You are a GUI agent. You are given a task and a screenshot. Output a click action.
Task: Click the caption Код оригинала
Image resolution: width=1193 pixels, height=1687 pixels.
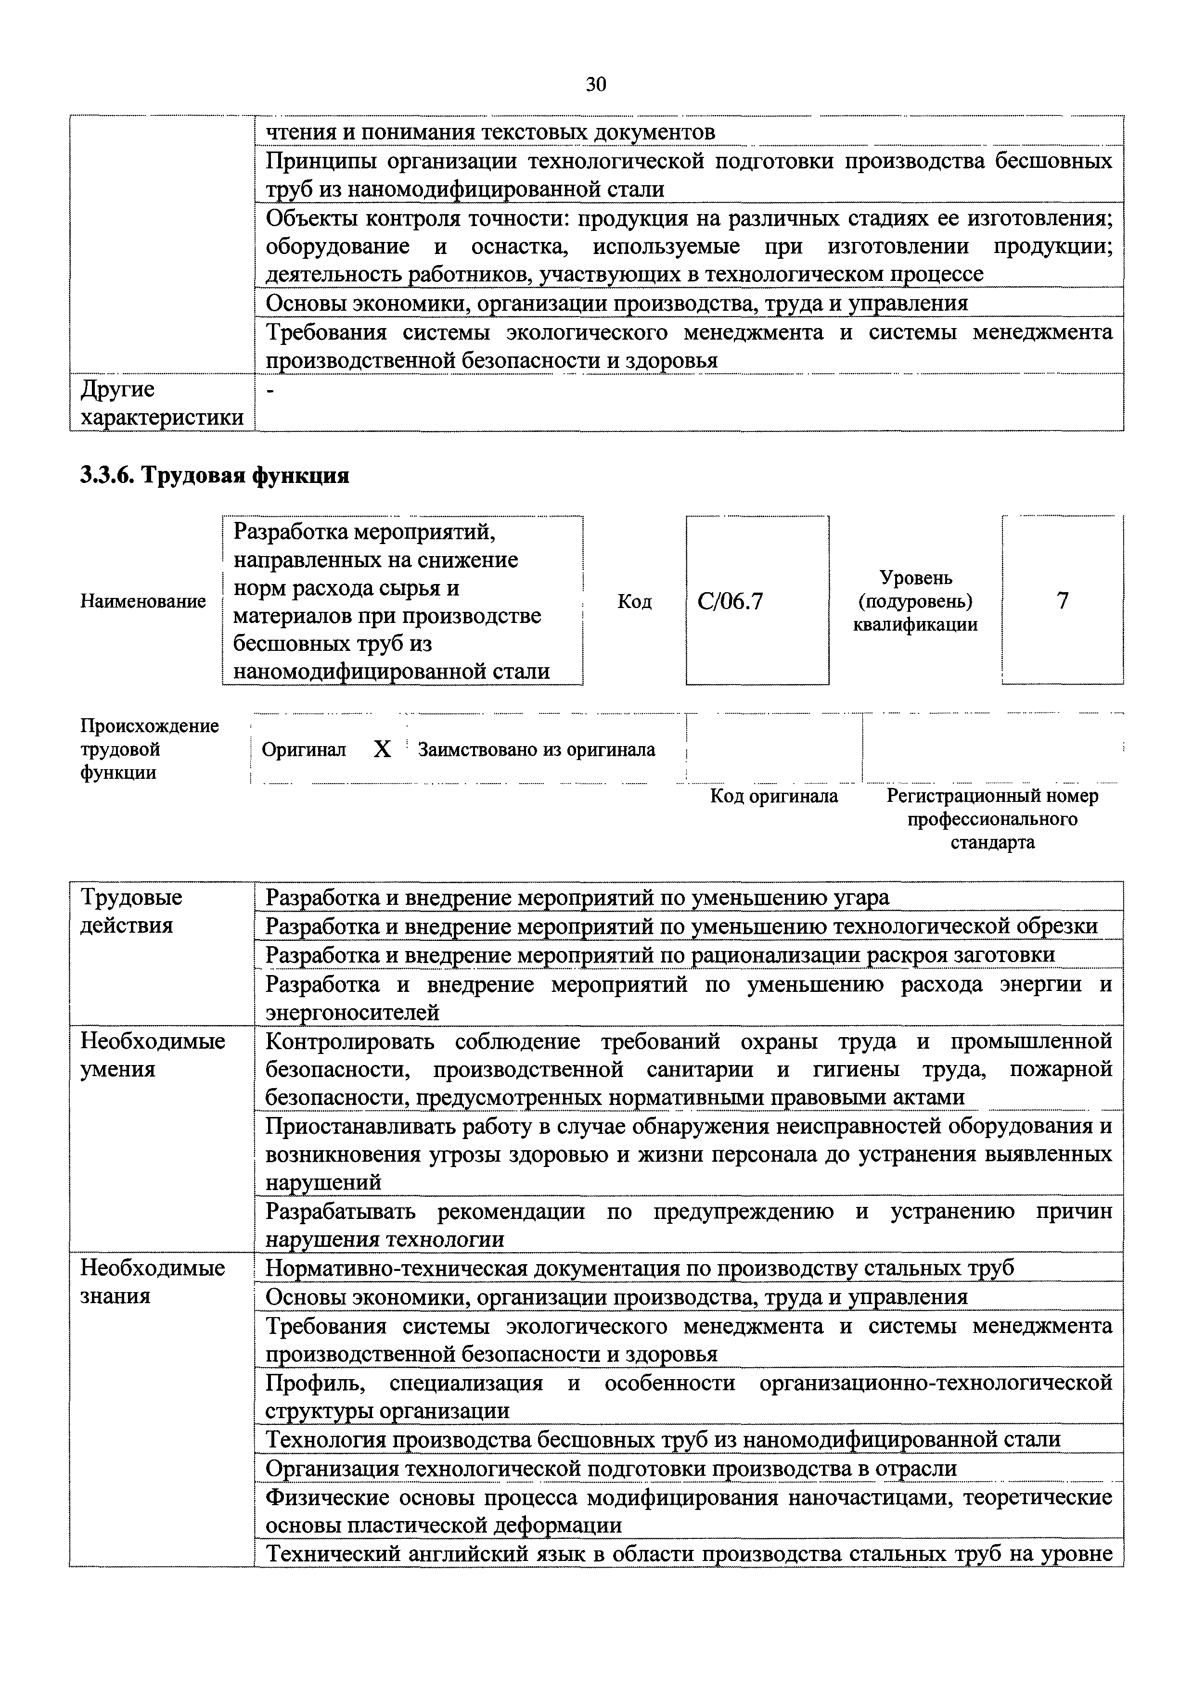(773, 796)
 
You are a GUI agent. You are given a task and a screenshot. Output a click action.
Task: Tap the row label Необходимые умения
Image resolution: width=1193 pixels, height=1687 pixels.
(152, 1054)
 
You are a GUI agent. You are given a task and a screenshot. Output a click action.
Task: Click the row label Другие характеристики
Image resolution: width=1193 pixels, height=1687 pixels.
(162, 403)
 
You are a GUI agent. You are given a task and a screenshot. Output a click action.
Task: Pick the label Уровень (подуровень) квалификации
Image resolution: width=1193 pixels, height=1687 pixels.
(915, 601)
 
